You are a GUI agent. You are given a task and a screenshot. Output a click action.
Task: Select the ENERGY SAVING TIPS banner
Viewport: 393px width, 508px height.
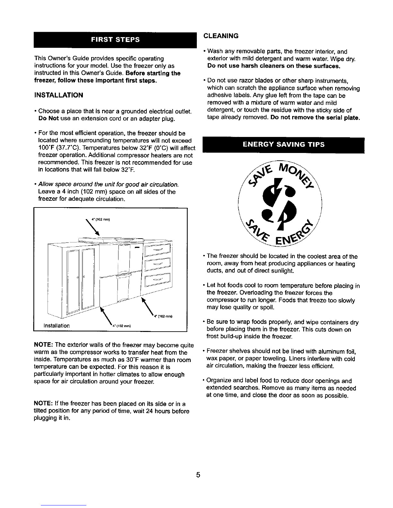click(284, 145)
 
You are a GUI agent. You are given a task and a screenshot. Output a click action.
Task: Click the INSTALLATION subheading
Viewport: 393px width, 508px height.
click(58, 95)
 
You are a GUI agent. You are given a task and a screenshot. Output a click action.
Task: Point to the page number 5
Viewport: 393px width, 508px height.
click(198, 475)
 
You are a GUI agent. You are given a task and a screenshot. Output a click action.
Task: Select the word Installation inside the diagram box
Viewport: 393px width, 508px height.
click(57, 326)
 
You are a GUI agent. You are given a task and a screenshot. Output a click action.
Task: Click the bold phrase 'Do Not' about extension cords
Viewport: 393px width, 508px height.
click(48, 119)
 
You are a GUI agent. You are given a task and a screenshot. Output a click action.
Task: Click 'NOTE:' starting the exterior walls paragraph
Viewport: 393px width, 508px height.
click(43, 345)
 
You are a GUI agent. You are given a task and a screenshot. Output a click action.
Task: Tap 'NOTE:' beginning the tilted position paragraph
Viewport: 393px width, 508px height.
click(43, 403)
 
